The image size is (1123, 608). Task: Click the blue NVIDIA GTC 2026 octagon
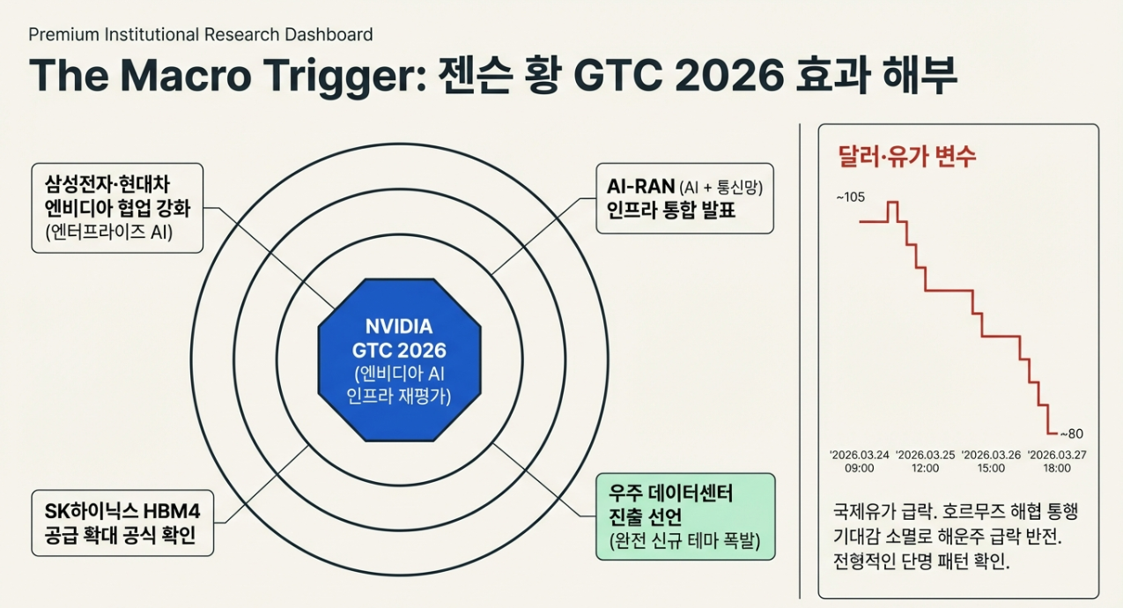[x=399, y=360]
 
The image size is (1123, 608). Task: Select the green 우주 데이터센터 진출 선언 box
[x=685, y=516]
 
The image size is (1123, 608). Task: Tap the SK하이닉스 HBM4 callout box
[x=122, y=523]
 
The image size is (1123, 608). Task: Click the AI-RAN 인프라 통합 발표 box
[x=684, y=197]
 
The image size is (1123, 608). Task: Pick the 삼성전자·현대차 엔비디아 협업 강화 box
[x=117, y=208]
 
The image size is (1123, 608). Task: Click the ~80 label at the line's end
[x=1071, y=434]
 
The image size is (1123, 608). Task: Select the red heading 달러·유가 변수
[x=907, y=157]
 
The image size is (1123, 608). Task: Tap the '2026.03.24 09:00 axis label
[x=859, y=462]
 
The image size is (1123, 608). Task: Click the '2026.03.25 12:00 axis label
[x=925, y=462]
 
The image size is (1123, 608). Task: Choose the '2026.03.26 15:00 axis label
[x=991, y=462]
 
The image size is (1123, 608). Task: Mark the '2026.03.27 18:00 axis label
[x=1057, y=462]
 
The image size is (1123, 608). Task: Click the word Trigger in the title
[x=340, y=76]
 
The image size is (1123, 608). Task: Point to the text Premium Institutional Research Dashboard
[x=201, y=35]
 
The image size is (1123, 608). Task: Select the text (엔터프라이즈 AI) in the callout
[x=108, y=233]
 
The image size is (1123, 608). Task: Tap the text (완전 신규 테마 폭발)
[x=684, y=539]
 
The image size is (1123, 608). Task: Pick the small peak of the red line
[x=892, y=204]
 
